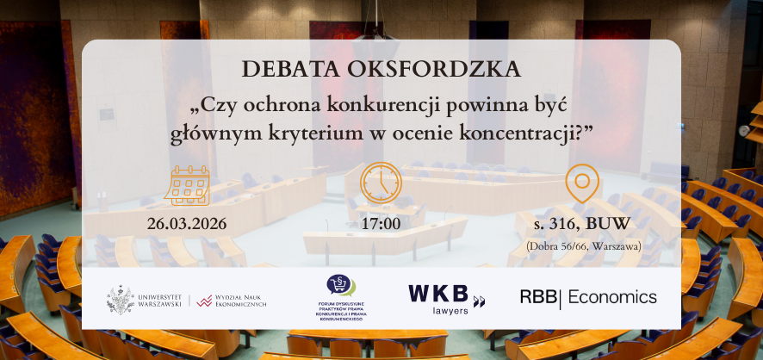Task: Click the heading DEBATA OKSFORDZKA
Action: [381, 68]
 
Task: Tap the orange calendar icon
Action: [187, 185]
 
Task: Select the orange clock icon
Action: [381, 183]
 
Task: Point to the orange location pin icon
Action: [581, 183]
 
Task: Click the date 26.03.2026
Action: [187, 224]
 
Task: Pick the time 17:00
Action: [381, 224]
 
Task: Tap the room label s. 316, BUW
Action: [581, 225]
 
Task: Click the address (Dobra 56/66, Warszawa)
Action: [581, 246]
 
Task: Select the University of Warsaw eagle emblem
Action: [121, 299]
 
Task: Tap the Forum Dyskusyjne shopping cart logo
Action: [341, 285]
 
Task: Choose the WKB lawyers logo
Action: [446, 297]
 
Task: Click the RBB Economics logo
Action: [588, 298]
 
